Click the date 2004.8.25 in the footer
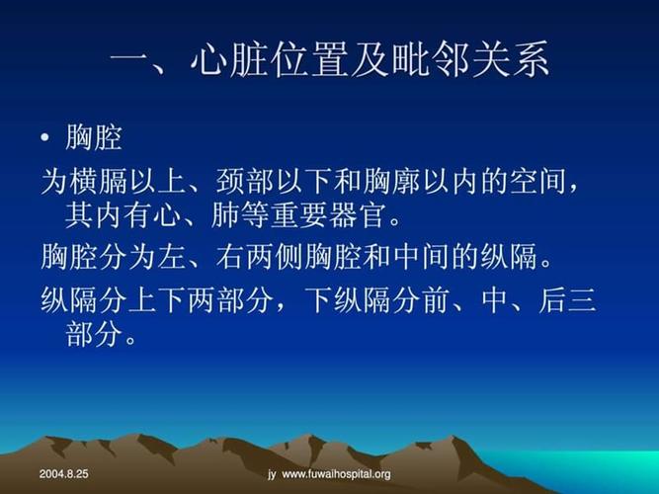point(64,474)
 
